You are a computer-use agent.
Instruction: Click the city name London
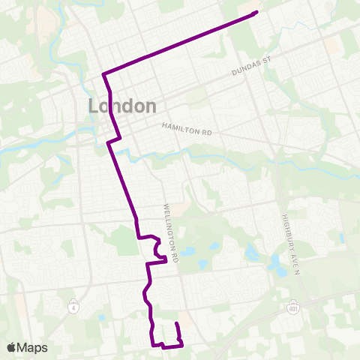point(122,106)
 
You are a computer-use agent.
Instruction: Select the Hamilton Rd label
point(187,130)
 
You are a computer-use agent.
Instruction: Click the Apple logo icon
point(11,347)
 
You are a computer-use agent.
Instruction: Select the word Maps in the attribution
point(32,347)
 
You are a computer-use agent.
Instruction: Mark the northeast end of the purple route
point(256,11)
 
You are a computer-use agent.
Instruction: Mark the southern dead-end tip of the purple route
point(176,323)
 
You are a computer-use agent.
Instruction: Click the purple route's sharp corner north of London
point(103,73)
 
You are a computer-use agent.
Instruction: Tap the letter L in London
point(94,106)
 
